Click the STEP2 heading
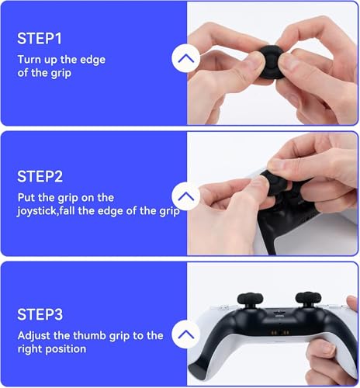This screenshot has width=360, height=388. pos(40,177)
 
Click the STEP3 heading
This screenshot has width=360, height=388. pos(40,316)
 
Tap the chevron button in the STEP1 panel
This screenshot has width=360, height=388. pos(185,58)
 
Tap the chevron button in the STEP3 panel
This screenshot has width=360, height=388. pos(185,335)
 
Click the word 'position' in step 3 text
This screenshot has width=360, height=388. pos(71,349)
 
